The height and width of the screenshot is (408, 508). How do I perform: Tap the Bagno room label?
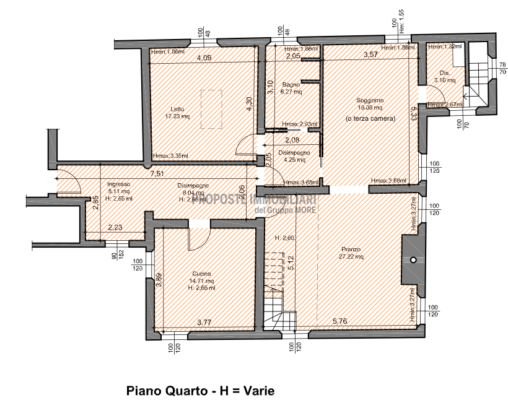[x=291, y=84]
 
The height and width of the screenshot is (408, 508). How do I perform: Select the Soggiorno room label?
[x=370, y=100]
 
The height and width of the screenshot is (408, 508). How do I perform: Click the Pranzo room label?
[x=351, y=250]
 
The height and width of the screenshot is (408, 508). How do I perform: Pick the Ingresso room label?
[x=118, y=184]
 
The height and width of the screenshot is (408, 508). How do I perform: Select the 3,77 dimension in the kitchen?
[x=204, y=322]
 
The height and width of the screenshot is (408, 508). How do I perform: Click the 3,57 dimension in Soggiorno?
[x=370, y=55]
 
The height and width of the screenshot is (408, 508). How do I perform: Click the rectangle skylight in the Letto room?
[x=211, y=109]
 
